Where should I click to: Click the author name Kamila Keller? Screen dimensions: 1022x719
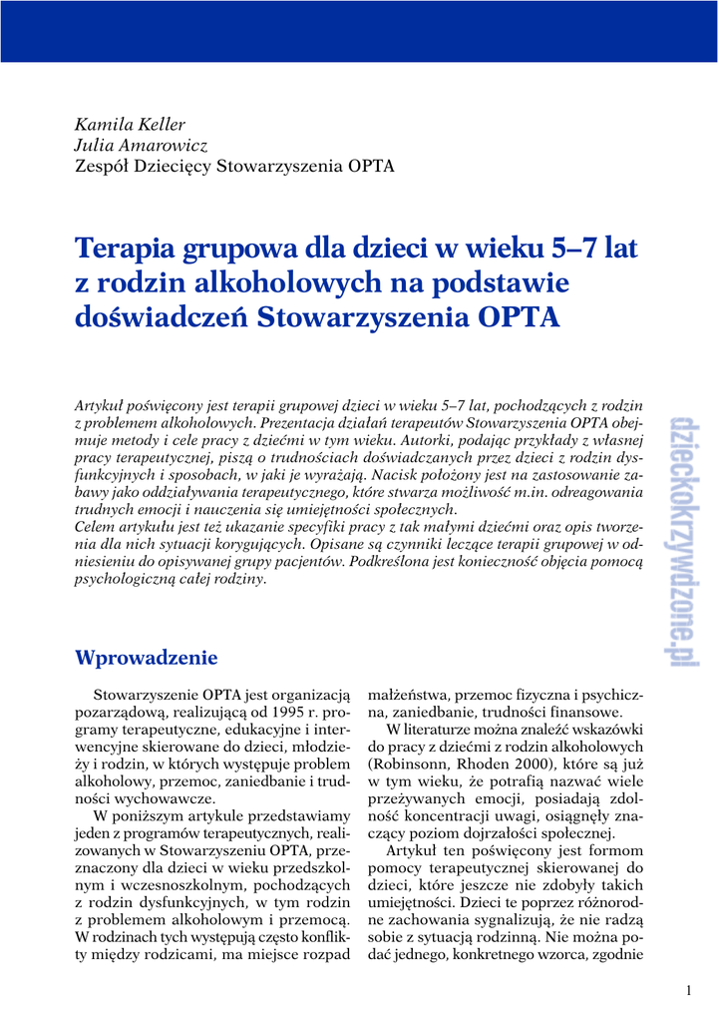130,125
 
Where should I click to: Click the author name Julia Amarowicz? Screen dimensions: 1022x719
141,146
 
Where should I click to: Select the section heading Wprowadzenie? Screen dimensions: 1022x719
146,658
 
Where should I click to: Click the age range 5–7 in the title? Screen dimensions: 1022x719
575,247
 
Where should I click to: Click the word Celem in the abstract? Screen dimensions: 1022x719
98,527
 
